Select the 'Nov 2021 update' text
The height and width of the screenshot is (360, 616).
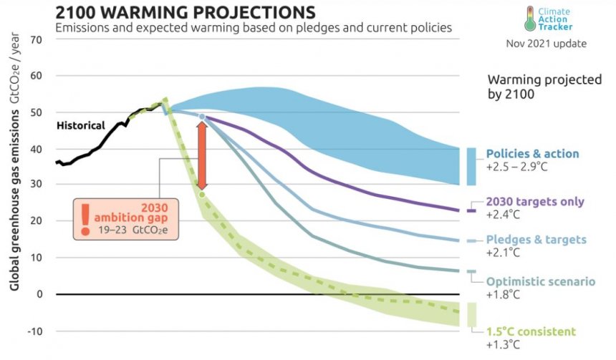(x=546, y=44)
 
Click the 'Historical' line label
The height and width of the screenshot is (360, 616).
(x=80, y=126)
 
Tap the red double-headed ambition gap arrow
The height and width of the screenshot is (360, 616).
(x=202, y=155)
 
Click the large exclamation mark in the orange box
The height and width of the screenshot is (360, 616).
(x=86, y=218)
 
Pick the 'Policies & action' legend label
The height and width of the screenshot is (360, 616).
(x=532, y=154)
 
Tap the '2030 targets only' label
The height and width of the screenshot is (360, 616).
(x=534, y=202)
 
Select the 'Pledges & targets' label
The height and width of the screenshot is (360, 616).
(x=536, y=240)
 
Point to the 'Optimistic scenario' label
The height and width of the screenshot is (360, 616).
(x=541, y=281)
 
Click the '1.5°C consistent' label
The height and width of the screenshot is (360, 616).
(x=531, y=331)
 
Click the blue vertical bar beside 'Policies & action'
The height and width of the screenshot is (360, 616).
(x=471, y=165)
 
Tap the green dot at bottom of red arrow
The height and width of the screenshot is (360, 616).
(x=202, y=194)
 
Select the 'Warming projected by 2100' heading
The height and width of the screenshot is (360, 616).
(x=544, y=87)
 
